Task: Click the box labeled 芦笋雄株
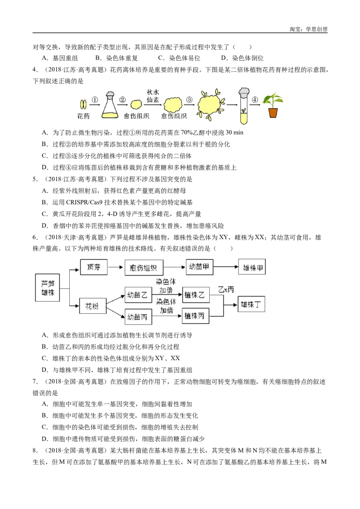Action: tap(47, 287)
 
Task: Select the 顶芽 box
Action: tap(94, 268)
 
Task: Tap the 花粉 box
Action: tap(93, 307)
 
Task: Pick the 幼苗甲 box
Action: tap(199, 268)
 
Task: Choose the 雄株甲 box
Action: tap(252, 268)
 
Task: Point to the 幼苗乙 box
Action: tap(138, 295)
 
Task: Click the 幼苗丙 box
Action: tap(138, 317)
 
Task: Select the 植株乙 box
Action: tap(196, 295)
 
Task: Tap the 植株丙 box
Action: tap(196, 316)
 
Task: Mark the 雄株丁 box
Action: tap(251, 304)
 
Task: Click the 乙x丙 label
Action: tap(226, 290)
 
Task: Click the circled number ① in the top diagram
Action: tap(95, 99)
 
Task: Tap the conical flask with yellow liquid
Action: tap(109, 105)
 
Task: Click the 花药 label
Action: tap(84, 116)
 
